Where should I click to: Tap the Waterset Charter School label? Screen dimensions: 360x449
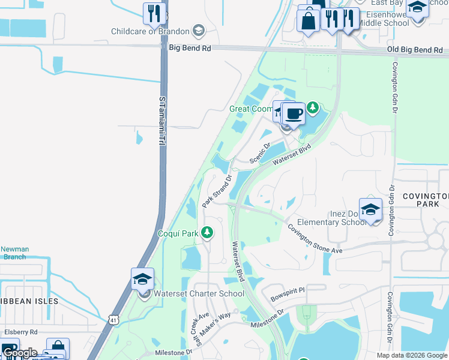tap(199, 293)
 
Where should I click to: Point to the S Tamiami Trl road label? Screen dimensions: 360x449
tap(161, 120)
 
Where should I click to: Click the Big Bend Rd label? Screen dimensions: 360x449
tap(190, 47)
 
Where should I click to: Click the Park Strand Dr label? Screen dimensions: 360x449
tap(216, 191)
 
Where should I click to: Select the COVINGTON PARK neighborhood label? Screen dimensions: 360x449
tap(425, 200)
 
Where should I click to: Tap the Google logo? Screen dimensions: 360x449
tap(19, 353)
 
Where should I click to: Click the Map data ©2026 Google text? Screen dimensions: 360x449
tap(411, 355)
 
